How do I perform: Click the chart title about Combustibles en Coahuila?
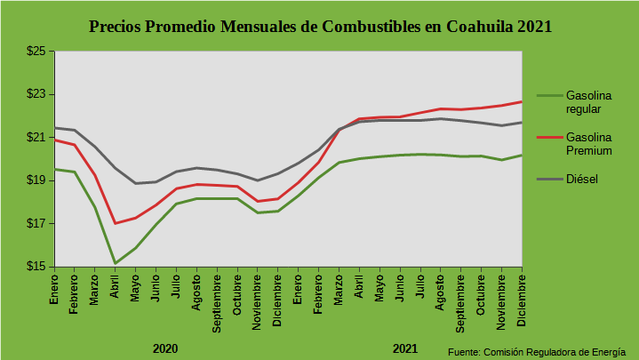point(321,26)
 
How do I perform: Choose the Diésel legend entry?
point(581,180)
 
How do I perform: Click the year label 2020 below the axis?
point(165,348)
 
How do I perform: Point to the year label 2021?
point(405,348)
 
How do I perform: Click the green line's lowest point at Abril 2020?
point(115,263)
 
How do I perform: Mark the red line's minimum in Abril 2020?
point(115,223)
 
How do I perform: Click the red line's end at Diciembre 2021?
point(521,101)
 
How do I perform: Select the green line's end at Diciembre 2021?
point(521,155)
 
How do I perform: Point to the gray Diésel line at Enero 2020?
point(55,127)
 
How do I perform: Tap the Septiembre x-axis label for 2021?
point(460,302)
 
